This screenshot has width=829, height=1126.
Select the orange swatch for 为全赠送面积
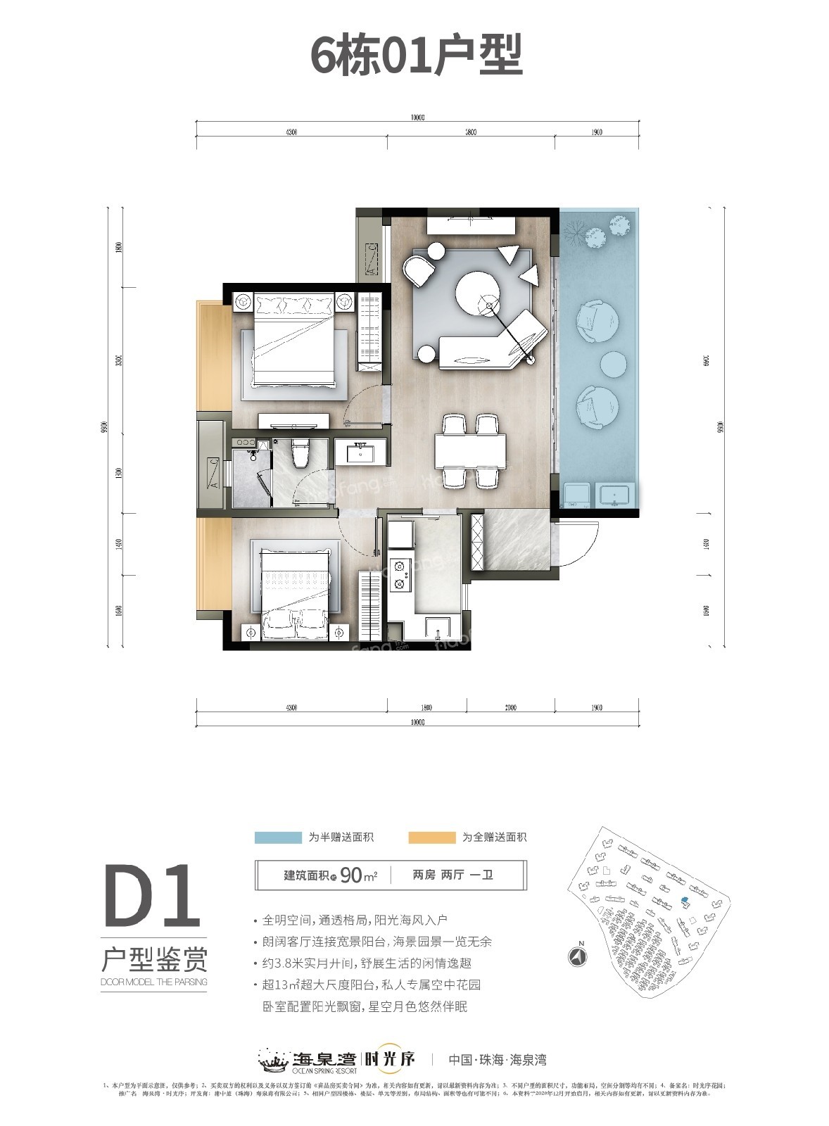pos(431,837)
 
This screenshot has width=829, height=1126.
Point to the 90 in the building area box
pos(351,875)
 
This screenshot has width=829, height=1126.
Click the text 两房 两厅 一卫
pos(453,875)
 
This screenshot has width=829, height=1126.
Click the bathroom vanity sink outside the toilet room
pos(360,451)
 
